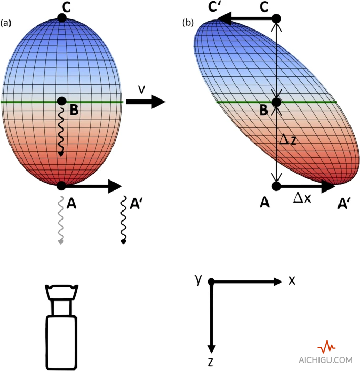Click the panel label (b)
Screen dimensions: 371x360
click(188, 23)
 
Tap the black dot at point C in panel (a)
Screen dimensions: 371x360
click(62, 17)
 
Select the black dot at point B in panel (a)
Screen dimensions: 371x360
click(61, 101)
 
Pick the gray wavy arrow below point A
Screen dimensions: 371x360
click(61, 221)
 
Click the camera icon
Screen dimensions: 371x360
click(62, 326)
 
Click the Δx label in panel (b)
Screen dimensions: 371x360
click(302, 198)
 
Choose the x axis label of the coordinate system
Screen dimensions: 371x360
click(292, 280)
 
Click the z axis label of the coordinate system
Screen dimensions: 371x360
click(210, 362)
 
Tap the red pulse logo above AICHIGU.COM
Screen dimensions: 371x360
click(327, 347)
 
